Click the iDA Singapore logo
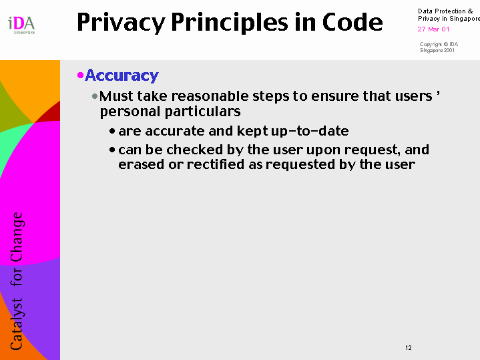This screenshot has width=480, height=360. coord(21,25)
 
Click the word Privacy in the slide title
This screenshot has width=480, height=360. coord(121,23)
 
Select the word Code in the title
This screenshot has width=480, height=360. coord(352,22)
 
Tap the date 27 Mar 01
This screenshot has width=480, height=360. coord(433,29)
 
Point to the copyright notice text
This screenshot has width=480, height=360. coord(439,47)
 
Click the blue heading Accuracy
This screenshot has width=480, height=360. coord(122,75)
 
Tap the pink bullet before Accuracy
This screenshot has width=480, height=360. coord(81,75)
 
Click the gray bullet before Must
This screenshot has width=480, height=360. coord(95,96)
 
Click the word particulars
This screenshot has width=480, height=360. coord(203,112)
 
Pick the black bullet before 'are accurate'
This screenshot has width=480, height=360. coord(112,132)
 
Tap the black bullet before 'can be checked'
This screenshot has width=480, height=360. coord(112,150)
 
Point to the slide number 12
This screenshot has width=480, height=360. coord(409,348)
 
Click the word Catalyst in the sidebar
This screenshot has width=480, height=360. coord(17,324)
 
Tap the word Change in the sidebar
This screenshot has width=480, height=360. coord(17,237)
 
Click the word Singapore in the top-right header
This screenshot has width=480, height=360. coord(465,19)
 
